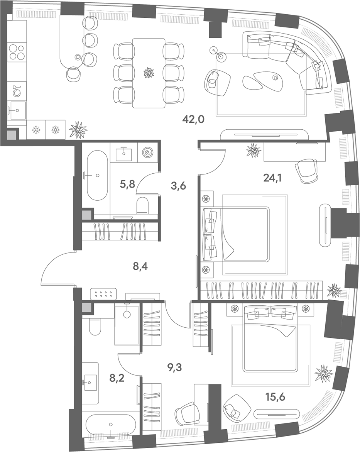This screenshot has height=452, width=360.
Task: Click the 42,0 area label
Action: tap(193, 119)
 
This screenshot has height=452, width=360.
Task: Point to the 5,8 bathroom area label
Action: tap(127, 183)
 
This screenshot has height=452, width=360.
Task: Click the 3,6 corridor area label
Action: tap(178, 186)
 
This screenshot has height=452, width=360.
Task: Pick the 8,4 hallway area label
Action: tap(140, 267)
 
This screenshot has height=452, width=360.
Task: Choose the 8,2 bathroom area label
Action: tap(117, 378)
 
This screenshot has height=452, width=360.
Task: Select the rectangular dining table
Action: tap(149, 73)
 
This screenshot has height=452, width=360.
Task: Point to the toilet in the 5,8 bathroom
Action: tap(142, 205)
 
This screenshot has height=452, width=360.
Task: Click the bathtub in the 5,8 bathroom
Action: tap(97, 175)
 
